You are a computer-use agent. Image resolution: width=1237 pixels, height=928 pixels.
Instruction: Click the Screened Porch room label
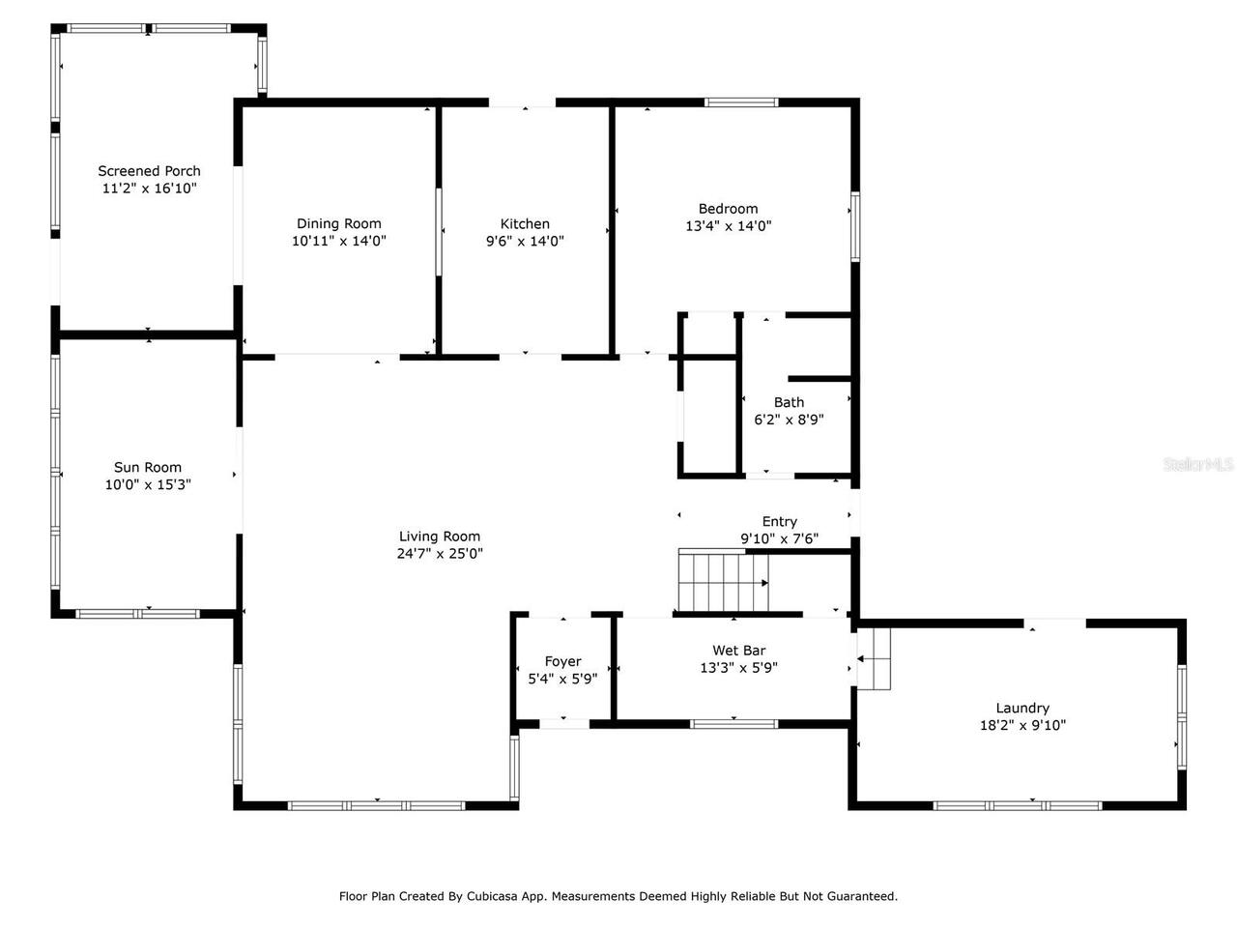[149, 171]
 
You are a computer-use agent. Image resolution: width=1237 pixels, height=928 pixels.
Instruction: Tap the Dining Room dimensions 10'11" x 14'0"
[339, 242]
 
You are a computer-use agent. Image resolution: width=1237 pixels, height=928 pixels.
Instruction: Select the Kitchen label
[525, 224]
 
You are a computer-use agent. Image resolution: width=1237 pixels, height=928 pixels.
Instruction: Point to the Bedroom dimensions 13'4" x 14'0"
[728, 226]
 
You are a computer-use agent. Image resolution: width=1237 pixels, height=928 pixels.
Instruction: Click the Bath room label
[789, 402]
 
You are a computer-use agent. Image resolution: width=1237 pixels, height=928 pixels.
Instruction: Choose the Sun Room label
[148, 468]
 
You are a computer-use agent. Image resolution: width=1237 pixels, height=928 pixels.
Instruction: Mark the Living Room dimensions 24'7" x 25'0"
[440, 554]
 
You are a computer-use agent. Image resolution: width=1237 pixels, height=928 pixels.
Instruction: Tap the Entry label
[780, 522]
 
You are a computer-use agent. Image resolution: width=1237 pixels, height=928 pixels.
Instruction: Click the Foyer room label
[562, 662]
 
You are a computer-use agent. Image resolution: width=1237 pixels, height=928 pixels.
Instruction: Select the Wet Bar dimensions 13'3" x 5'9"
[739, 668]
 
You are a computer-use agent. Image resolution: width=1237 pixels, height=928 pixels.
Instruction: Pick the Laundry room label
[1022, 709]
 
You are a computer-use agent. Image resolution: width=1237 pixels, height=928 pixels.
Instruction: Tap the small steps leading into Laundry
[874, 659]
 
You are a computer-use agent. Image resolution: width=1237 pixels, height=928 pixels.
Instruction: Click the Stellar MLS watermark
[1197, 465]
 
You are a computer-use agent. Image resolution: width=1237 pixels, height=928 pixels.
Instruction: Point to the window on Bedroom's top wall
[741, 101]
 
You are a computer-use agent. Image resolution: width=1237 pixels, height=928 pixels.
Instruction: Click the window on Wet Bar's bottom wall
[734, 723]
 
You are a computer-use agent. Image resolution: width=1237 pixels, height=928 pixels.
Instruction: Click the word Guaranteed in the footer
[861, 896]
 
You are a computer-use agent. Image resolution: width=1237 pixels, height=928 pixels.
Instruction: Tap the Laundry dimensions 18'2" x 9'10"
[1022, 726]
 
